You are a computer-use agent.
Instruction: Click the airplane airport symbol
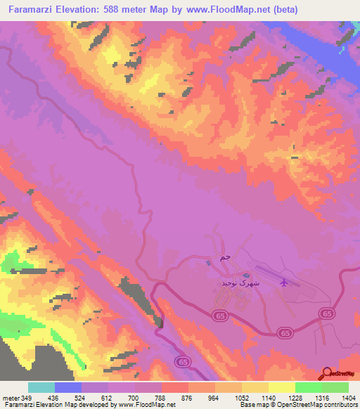coord(284,283)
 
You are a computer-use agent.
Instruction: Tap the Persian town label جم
coord(224,258)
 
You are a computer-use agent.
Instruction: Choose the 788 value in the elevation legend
coord(161,398)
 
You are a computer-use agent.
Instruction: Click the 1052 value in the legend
coord(241,398)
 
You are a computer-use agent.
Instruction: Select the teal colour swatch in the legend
coord(41,387)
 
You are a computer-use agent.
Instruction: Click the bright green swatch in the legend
coord(308,387)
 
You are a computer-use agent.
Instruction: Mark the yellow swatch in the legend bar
coord(281,387)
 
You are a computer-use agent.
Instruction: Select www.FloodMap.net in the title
coord(216,10)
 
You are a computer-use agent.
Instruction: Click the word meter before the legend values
coord(10,398)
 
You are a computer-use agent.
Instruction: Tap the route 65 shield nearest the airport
coord(326,313)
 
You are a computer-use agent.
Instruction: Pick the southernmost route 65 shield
coord(183,361)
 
